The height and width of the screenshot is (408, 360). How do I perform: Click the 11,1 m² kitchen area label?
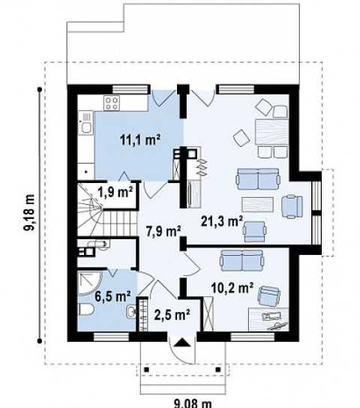pos(140,140)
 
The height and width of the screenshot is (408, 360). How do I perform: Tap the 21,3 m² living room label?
pos(222,221)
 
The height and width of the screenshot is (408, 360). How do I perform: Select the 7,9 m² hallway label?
pos(163,231)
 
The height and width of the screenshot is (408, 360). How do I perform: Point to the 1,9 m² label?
pos(115,192)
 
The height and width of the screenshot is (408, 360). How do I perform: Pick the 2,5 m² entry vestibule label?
pos(172,314)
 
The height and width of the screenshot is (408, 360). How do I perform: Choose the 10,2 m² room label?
pos(232,288)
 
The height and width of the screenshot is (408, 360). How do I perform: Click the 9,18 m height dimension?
pos(28,212)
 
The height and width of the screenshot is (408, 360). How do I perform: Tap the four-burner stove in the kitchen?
pos(112,103)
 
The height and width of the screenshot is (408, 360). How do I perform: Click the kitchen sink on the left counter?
pos(85,124)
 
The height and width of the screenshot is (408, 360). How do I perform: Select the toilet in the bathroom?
pos(85,310)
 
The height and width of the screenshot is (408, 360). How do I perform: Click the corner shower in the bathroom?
pos(88,283)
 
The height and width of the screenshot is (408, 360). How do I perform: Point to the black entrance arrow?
pos(181,343)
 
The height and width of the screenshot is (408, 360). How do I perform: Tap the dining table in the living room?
pos(271,132)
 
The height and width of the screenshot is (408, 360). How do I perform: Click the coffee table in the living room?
pos(258,205)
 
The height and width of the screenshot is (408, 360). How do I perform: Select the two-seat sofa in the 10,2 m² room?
pos(242,261)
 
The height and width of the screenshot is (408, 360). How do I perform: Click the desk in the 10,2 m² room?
pos(268,319)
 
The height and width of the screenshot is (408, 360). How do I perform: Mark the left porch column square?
pos(147,370)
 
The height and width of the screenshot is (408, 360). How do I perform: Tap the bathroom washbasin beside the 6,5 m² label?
pos(131,311)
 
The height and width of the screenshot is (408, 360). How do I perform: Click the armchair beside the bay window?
pos(292,206)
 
